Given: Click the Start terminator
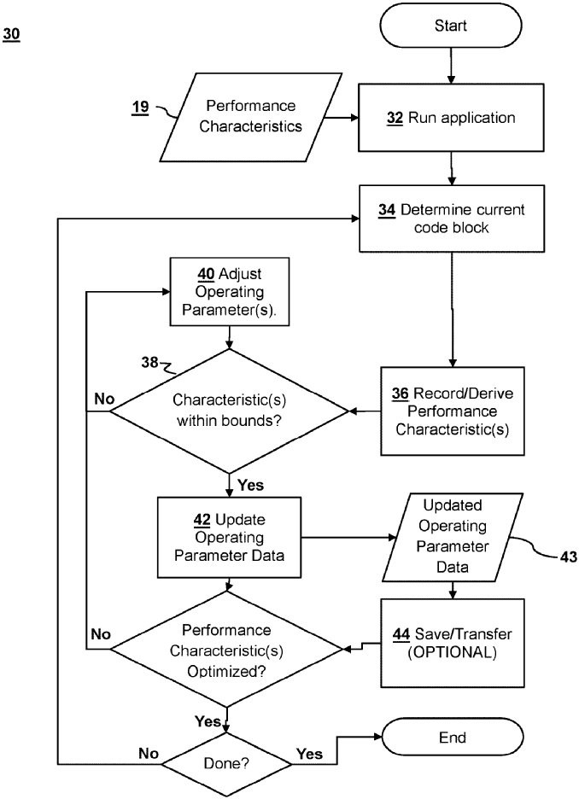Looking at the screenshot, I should (x=450, y=26).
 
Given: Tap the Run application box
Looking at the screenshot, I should (x=450, y=119).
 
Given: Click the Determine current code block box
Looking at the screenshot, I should (x=450, y=219).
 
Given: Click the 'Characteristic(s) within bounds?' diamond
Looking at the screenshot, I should (x=228, y=411).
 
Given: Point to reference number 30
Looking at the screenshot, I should (x=13, y=36).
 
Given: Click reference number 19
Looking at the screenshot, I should (x=141, y=108).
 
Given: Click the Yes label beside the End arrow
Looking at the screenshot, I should (x=309, y=755).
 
